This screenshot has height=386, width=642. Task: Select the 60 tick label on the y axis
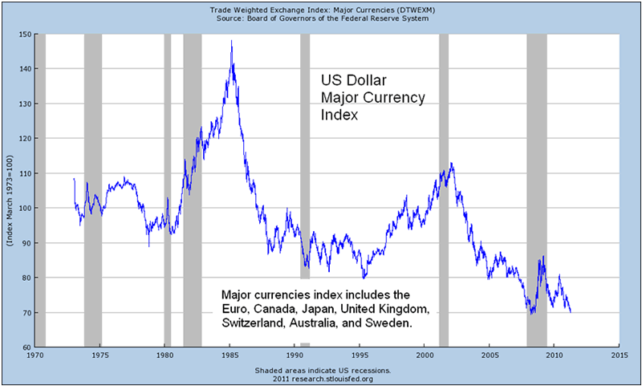tap(26, 347)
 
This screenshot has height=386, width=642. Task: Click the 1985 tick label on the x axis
tap(230, 354)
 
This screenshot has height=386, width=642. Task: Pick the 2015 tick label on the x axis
tap(619, 354)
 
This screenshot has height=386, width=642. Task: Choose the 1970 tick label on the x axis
tap(35, 354)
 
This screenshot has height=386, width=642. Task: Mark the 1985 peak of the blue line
tap(231, 41)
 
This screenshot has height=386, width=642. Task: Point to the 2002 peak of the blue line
tap(452, 164)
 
